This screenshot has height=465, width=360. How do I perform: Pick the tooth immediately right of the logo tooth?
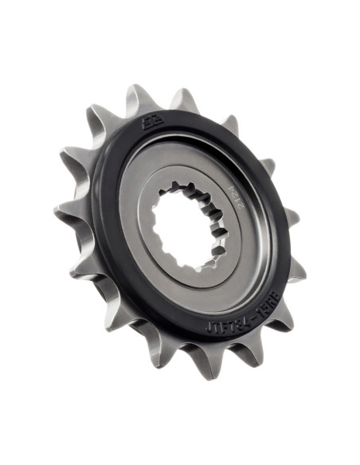point(185,100)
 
